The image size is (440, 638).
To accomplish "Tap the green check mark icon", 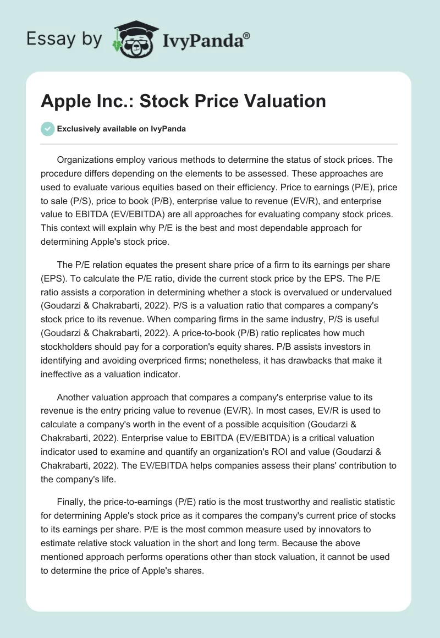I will pyautogui.click(x=48, y=129).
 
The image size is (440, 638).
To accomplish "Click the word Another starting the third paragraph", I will pyautogui.click(x=75, y=397).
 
